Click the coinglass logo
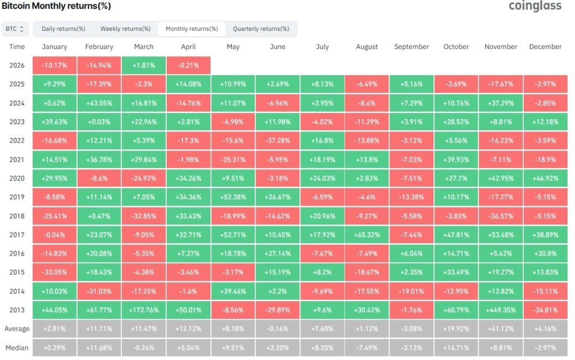[x=535, y=7]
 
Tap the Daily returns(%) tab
[x=63, y=29]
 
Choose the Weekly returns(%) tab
[x=125, y=29]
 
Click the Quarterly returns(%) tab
[x=261, y=29]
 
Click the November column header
[x=500, y=47]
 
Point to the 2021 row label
[x=17, y=160]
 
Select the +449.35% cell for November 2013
[x=500, y=309]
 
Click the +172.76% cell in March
[x=144, y=309]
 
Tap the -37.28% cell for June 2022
[x=277, y=141]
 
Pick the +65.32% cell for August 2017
[x=367, y=235]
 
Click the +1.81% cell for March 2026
[x=144, y=65]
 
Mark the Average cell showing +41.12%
[x=500, y=329]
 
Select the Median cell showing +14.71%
[x=456, y=348]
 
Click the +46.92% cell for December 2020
[x=545, y=179]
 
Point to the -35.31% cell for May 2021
[x=233, y=160]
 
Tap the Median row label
[x=17, y=348]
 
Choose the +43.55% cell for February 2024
[x=99, y=103]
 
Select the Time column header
[x=17, y=47]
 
